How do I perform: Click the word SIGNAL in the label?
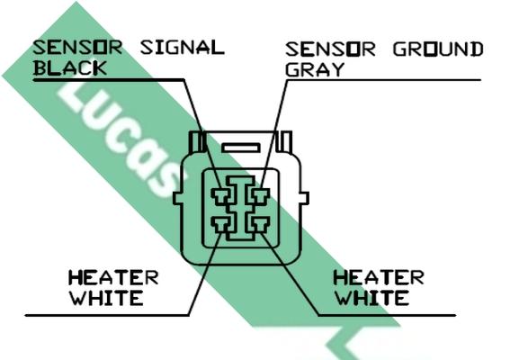pos(183,47)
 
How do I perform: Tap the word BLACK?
pos(70,68)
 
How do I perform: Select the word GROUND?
pos(438,49)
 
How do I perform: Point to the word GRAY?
pos(315,69)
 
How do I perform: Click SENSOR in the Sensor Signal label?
pos(77,47)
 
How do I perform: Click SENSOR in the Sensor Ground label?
pos(330,49)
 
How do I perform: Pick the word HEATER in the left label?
pos(113,277)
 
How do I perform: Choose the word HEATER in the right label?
pos(379,277)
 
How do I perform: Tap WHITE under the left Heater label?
pos(107,298)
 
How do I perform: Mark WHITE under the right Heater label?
pos(372,298)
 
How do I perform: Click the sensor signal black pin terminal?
pos(221,196)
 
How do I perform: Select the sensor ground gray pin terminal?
pos(260,196)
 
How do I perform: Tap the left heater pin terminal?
pos(221,225)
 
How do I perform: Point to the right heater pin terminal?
pos(260,225)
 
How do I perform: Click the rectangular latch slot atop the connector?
pos(241,148)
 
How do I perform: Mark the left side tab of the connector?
pos(177,198)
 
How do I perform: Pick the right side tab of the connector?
pos(304,198)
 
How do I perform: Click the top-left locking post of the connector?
pos(197,141)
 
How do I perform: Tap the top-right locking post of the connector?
pos(284,141)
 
